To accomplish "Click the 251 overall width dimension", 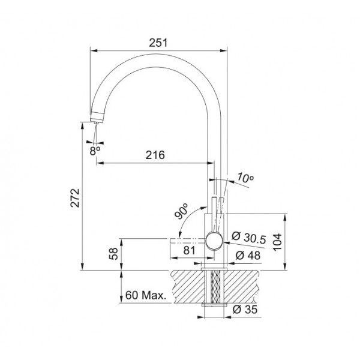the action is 158,43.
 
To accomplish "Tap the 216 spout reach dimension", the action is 155,155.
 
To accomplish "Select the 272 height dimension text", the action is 75,198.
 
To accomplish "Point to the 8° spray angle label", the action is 95,151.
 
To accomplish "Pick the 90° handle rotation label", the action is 181,211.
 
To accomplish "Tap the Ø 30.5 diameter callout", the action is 248,238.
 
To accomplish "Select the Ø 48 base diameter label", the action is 248,256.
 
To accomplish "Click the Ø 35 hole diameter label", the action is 245,310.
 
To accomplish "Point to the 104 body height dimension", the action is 278,242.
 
